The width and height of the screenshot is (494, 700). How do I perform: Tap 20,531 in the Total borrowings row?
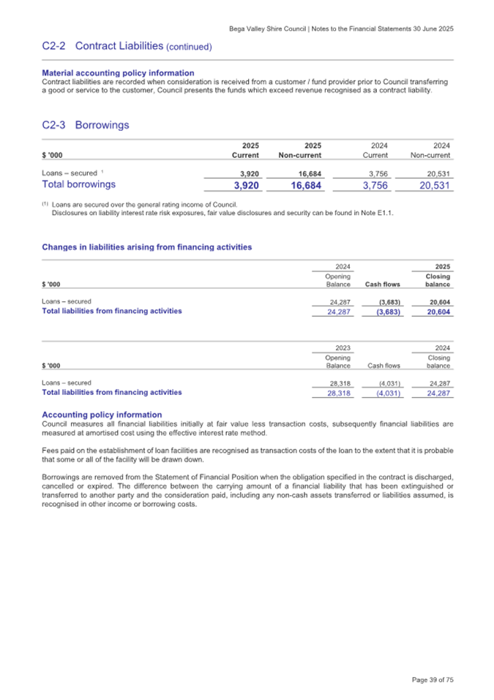pyautogui.click(x=430, y=186)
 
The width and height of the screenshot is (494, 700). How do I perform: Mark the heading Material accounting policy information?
pyautogui.click(x=118, y=72)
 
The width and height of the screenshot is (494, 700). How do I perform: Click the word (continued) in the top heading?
pyautogui.click(x=190, y=47)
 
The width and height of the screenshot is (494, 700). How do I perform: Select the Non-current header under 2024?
pyautogui.click(x=430, y=155)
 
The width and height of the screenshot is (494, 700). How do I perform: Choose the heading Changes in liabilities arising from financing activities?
pyautogui.click(x=146, y=247)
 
